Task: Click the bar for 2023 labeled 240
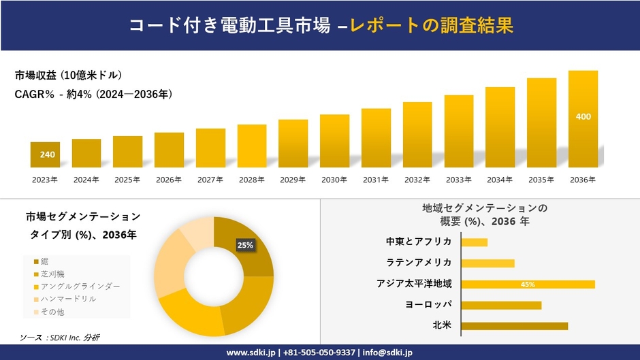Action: click(46, 155)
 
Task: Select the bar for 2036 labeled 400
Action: click(583, 119)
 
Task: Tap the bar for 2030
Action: click(334, 141)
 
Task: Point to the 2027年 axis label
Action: click(210, 180)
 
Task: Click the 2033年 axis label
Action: click(458, 180)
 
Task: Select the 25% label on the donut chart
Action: click(244, 245)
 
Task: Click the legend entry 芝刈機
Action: click(54, 274)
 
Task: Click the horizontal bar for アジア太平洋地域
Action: click(528, 284)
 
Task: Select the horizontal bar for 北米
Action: click(514, 326)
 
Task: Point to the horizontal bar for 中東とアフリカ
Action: click(474, 242)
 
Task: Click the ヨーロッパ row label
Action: click(428, 305)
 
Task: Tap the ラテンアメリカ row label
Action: click(419, 263)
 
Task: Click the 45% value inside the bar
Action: click(527, 284)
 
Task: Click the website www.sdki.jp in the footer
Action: click(251, 353)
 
